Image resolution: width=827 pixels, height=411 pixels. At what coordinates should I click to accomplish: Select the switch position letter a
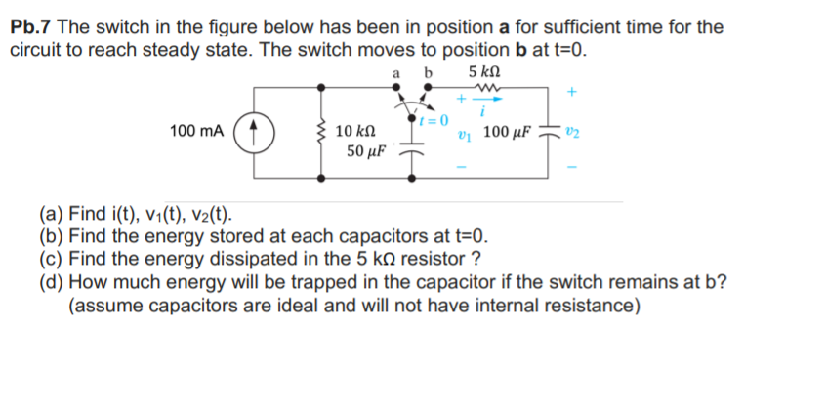click(x=394, y=73)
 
